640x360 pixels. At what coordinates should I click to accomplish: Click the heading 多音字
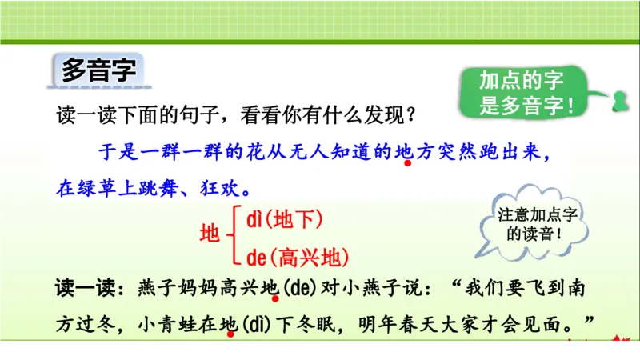[x=99, y=71]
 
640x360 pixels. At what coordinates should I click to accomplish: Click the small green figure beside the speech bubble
[x=618, y=101]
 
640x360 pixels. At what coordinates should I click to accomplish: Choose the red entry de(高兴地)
[x=297, y=257]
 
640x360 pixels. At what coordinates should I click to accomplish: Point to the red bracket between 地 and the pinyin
[x=233, y=238]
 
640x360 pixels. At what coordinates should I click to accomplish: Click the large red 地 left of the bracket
[x=210, y=236]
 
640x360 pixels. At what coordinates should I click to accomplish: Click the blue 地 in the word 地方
[x=406, y=151]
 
